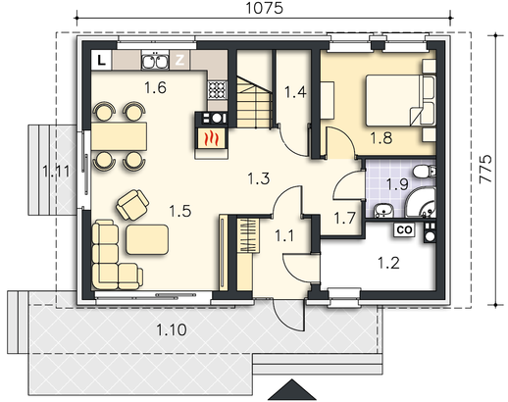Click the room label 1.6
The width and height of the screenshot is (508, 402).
click(x=155, y=87)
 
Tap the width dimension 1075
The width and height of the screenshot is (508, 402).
click(x=264, y=8)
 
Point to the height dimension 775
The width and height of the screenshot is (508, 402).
click(x=486, y=169)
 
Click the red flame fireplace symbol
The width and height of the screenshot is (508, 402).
click(x=211, y=138)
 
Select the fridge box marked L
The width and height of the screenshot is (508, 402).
click(x=102, y=60)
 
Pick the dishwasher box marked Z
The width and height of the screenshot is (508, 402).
click(x=179, y=60)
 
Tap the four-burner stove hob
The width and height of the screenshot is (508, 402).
click(x=217, y=89)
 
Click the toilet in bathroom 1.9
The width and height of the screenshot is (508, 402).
click(x=425, y=172)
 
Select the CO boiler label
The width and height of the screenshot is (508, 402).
click(x=404, y=229)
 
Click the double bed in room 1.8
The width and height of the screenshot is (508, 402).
click(x=400, y=100)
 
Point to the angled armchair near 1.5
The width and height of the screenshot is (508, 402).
click(x=132, y=205)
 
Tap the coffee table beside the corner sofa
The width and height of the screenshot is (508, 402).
click(x=147, y=239)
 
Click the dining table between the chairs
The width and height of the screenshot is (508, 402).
click(x=119, y=136)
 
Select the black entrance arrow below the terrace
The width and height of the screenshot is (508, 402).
click(x=292, y=390)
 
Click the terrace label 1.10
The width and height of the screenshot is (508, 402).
click(x=172, y=329)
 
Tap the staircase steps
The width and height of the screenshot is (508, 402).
click(x=254, y=102)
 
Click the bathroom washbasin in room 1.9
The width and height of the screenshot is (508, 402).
click(x=383, y=210)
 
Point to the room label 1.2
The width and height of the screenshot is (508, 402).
click(x=388, y=263)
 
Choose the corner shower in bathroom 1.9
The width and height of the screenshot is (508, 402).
click(x=423, y=203)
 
